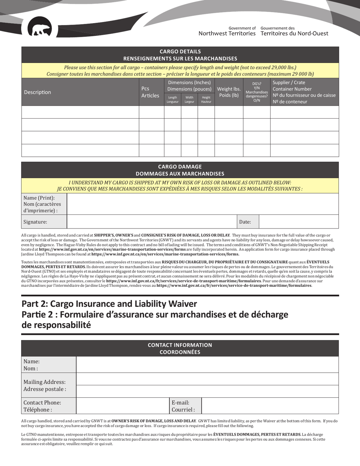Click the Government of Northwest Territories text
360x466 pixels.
pyautogui.click(x=227, y=31)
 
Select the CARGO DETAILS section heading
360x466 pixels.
pyautogui.click(x=180, y=55)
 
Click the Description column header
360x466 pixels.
pyautogui.click(x=38, y=92)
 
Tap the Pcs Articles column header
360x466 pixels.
pyautogui.click(x=150, y=92)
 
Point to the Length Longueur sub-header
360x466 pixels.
pyautogui.click(x=172, y=100)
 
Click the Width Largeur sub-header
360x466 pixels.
pyautogui.click(x=189, y=100)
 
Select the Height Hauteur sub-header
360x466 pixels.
pyautogui.click(x=206, y=100)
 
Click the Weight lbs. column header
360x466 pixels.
pyautogui.click(x=229, y=92)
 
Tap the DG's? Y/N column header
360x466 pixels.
pyautogui.click(x=257, y=92)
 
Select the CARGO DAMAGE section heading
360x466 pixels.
pyautogui.click(x=180, y=170)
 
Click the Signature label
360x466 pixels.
pyautogui.click(x=35, y=222)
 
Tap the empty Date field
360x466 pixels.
pyautogui.click(x=298, y=222)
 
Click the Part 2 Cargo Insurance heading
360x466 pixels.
pyautogui.click(x=110, y=304)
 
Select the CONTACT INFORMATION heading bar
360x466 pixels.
pyautogui.click(x=180, y=349)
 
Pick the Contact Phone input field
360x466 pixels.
pyautogui.click(x=122, y=406)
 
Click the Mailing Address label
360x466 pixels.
pyautogui.click(x=45, y=385)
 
